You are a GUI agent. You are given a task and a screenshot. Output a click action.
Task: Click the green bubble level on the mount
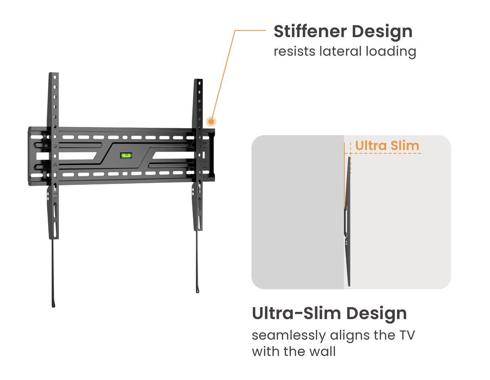point(126,155)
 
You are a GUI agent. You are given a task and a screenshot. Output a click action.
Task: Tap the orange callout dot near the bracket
point(211,122)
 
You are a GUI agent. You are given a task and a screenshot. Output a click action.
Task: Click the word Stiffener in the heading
point(310,31)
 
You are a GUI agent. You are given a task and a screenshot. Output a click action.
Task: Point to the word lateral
point(341,51)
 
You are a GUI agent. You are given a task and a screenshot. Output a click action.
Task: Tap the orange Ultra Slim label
point(387,145)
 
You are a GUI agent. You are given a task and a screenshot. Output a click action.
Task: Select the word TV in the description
point(407,335)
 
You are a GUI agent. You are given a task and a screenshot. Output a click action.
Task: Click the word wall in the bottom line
point(323,351)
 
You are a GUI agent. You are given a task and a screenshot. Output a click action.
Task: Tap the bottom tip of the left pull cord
point(53,307)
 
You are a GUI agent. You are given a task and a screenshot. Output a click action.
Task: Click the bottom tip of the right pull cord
point(198,292)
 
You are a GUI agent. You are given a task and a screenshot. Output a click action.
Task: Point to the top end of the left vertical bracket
point(54,73)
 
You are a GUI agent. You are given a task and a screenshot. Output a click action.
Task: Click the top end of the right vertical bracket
point(198,79)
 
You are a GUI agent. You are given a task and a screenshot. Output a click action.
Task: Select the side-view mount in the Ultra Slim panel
point(347,222)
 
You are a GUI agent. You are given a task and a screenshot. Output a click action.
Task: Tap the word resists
point(294,51)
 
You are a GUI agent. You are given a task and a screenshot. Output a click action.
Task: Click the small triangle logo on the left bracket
point(55,165)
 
